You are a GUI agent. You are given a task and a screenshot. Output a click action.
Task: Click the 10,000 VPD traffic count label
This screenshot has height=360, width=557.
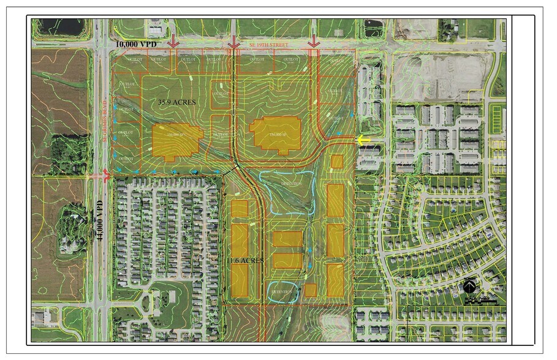tap(140, 45)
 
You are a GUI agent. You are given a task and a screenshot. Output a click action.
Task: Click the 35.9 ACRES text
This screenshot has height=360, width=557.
tap(176, 102)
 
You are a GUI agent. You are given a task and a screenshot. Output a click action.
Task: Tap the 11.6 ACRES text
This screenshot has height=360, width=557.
tap(246, 260)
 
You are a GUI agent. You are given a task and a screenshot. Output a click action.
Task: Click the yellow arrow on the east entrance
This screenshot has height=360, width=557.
tap(364, 140)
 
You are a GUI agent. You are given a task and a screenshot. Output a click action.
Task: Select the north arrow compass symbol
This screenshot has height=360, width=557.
tap(470, 285)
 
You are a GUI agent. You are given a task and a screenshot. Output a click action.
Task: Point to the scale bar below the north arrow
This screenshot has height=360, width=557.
tap(480, 300)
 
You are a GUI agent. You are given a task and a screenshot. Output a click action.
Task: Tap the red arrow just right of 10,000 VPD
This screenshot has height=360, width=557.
tap(173, 42)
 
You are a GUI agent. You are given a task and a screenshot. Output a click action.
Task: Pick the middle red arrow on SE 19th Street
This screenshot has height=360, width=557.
tap(233, 42)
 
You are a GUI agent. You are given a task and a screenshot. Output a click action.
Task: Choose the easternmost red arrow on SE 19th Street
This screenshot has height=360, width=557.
tap(314, 41)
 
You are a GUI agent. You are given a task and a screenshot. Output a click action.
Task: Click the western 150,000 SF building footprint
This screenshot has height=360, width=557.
tap(177, 140)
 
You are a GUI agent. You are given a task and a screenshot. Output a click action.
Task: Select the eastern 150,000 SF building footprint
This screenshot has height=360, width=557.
tap(276, 134)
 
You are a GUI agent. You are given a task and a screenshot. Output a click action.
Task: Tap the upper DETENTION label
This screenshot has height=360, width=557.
tap(292, 184)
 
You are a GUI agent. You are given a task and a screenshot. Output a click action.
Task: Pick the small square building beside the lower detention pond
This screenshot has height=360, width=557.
tap(310, 290)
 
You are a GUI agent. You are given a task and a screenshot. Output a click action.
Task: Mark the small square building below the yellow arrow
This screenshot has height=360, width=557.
tap(336, 162)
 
